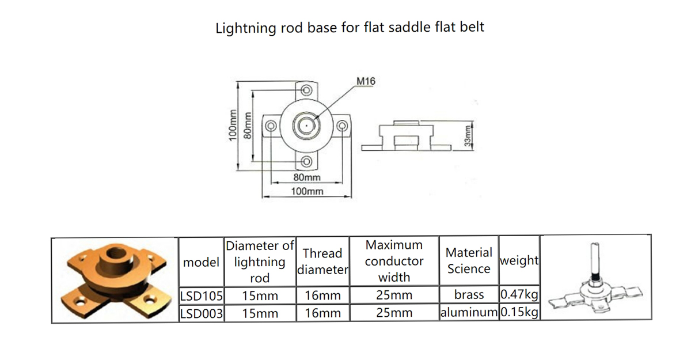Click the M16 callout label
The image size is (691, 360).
click(x=366, y=81)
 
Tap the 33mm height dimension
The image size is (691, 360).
click(x=468, y=135)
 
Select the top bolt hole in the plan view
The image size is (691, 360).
click(x=306, y=90)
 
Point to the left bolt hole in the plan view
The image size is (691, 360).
click(x=271, y=126)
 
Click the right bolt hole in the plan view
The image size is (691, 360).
click(x=342, y=126)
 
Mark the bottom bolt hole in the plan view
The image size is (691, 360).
click(x=306, y=161)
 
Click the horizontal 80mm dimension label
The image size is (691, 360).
click(x=307, y=177)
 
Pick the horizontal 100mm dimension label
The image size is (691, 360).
click(x=307, y=192)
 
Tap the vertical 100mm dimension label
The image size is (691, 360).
click(x=233, y=125)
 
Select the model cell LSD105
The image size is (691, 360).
click(x=201, y=296)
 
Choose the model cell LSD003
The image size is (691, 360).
click(x=201, y=313)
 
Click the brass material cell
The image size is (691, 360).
click(x=469, y=294)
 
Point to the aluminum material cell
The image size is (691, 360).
click(x=469, y=312)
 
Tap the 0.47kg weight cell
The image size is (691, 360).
click(x=519, y=294)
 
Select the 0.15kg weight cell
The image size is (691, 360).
click(x=519, y=312)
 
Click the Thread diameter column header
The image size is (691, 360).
click(x=322, y=262)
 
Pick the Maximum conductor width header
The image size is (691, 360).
click(x=394, y=261)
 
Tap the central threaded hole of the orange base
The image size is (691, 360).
click(x=116, y=253)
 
